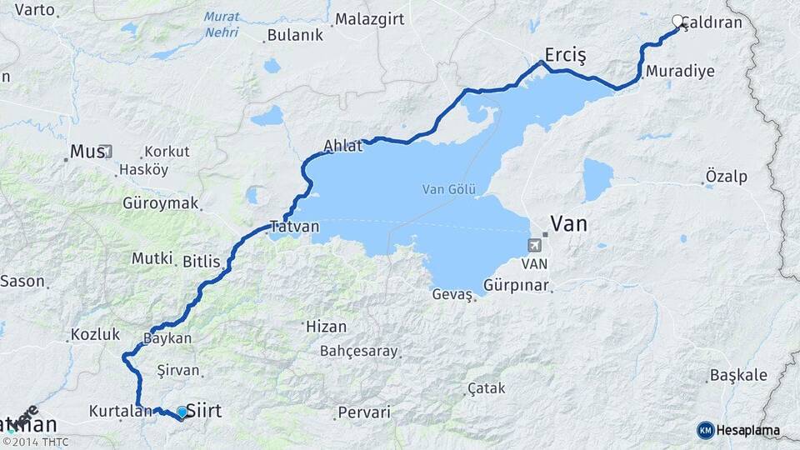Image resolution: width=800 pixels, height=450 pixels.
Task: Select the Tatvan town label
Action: click(295, 227)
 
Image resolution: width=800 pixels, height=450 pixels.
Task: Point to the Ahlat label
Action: click(343, 146)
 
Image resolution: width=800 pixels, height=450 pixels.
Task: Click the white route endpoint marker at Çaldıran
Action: click(677, 22)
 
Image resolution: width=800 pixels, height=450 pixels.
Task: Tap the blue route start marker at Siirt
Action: click(182, 412)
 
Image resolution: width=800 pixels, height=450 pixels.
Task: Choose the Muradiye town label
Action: click(680, 71)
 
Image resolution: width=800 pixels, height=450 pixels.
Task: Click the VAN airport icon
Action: click(533, 245)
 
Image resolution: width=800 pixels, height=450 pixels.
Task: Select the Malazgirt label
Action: click(370, 20)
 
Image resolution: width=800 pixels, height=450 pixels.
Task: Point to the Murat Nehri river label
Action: click(221, 25)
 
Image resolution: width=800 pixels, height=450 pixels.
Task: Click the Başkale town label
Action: click(738, 375)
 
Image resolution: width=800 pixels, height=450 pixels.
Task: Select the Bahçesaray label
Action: click(359, 351)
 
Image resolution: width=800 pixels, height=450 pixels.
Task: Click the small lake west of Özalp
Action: click(597, 178)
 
